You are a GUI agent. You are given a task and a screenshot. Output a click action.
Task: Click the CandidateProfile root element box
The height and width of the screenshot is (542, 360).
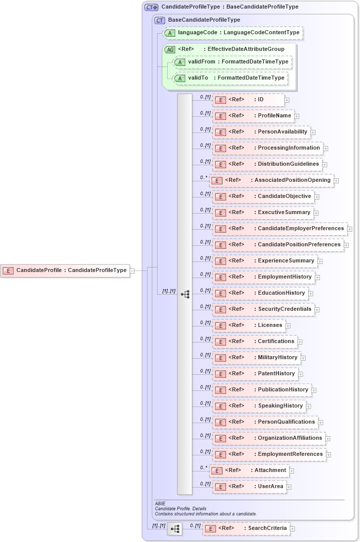(65, 270)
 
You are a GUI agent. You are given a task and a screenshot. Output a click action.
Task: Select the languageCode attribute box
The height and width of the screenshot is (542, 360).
(233, 33)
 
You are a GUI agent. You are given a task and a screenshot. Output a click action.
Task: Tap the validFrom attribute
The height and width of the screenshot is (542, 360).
(232, 62)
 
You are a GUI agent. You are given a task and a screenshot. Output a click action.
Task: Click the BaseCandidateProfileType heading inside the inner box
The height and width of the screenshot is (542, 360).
(204, 20)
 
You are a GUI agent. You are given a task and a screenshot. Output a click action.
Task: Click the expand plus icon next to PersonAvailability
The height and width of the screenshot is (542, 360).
(313, 132)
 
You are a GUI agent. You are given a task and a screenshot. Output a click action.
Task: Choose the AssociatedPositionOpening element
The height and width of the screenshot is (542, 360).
(271, 180)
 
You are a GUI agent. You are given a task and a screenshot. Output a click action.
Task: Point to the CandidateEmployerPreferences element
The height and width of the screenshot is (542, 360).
(279, 229)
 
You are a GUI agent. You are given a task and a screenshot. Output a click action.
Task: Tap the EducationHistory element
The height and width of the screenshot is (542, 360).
(260, 293)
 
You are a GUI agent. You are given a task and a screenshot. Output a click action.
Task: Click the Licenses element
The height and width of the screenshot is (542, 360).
(249, 325)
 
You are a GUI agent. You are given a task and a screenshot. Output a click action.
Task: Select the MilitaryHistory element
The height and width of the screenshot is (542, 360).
(256, 358)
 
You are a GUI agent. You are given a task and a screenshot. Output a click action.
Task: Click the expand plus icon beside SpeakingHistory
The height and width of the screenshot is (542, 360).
(309, 406)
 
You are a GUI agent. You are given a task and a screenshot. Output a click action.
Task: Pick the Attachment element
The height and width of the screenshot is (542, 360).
(249, 470)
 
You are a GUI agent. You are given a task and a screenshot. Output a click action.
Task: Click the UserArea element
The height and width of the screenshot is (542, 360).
(249, 487)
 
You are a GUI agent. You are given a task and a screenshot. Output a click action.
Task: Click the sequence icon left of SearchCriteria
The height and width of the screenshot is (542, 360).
(175, 529)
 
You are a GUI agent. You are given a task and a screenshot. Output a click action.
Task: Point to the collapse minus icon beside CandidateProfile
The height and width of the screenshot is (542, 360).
(132, 270)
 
